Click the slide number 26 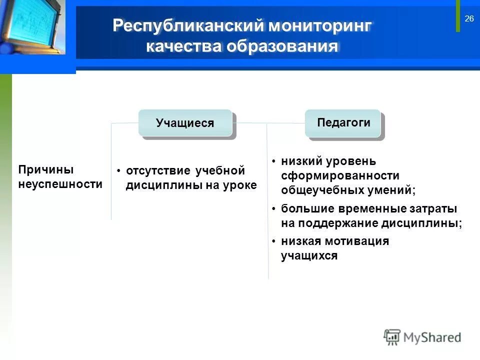click(x=469, y=19)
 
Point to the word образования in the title click(x=282, y=46)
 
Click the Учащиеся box click(x=185, y=123)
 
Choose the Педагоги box click(x=343, y=122)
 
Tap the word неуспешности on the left click(x=60, y=184)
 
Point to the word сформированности click(x=340, y=176)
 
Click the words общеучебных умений click(x=348, y=190)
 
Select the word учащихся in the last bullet click(x=309, y=256)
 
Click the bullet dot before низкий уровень click(x=273, y=161)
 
